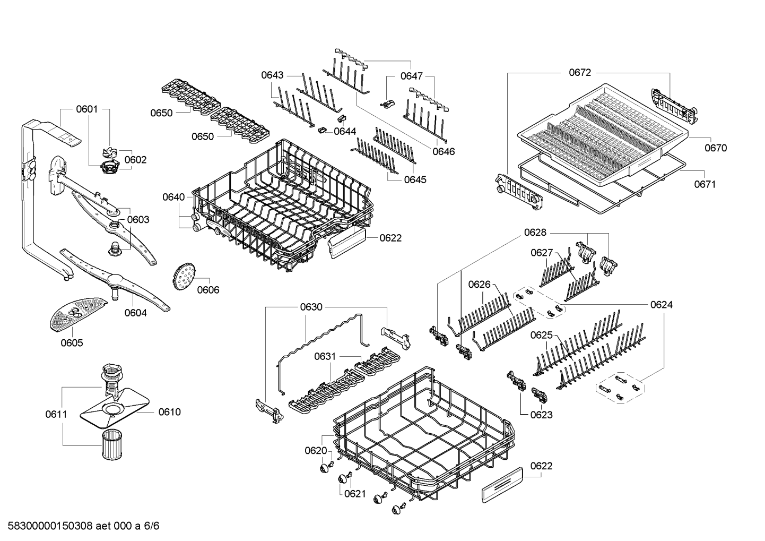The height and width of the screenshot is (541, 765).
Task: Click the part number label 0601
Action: (86, 109)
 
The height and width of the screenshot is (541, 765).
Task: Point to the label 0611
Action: (56, 414)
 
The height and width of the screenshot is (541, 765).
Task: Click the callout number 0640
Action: (173, 197)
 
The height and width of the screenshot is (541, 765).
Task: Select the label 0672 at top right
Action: (579, 73)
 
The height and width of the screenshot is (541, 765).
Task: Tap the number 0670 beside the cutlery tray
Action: (715, 148)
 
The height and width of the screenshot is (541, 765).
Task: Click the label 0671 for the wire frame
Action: (705, 184)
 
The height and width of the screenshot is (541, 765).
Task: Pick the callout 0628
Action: (535, 233)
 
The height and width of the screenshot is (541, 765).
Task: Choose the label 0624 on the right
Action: (661, 305)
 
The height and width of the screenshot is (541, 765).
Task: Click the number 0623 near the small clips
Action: (541, 415)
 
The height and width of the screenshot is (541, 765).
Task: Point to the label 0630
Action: (311, 307)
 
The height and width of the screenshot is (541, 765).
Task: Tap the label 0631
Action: (325, 356)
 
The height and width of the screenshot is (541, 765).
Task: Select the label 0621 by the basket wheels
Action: (355, 494)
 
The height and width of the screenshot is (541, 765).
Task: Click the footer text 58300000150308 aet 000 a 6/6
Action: (80, 526)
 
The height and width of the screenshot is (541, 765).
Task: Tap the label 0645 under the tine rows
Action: (415, 179)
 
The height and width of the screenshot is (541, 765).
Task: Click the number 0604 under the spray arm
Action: (135, 313)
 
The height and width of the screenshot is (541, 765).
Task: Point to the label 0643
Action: (272, 75)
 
